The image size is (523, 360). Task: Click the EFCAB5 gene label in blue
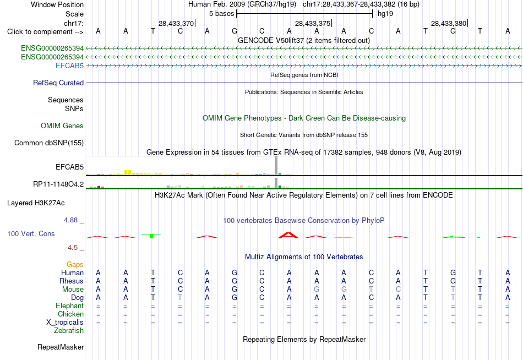tap(69, 66)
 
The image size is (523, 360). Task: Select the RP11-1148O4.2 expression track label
tap(58, 184)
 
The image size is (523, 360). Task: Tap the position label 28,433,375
tap(313, 23)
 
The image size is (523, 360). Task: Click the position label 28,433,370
tap(176, 23)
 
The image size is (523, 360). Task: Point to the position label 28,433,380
tap(449, 23)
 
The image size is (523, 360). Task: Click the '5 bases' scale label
tap(221, 14)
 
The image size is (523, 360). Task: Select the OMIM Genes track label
tap(62, 126)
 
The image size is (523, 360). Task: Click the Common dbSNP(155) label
tap(49, 143)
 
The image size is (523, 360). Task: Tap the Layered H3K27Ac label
tap(36, 203)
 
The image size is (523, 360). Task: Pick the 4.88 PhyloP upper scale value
tap(70, 220)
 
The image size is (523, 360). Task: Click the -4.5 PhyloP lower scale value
tap(72, 248)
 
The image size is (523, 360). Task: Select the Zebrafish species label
tap(69, 331)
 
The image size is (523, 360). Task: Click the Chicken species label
tap(70, 314)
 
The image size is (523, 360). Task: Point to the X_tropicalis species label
tap(65, 323)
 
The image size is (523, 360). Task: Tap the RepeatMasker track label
tap(61, 347)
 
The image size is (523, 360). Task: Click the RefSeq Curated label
tap(58, 83)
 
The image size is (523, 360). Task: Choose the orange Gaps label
tap(75, 265)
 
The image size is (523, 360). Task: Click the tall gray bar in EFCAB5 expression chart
tap(276, 166)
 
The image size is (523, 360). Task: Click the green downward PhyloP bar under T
tap(151, 236)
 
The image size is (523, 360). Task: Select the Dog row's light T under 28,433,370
tap(180, 297)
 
